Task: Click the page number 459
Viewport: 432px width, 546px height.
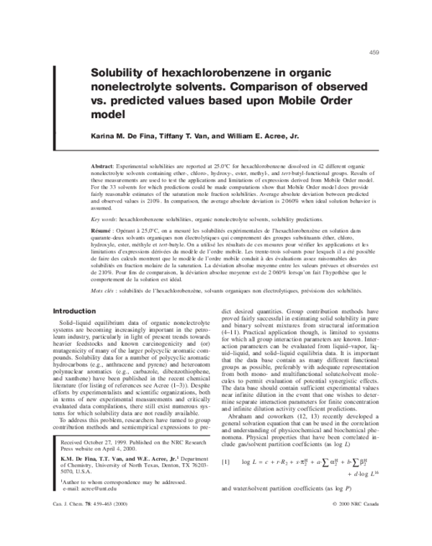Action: (374, 51)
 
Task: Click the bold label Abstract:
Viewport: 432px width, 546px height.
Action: (102, 166)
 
